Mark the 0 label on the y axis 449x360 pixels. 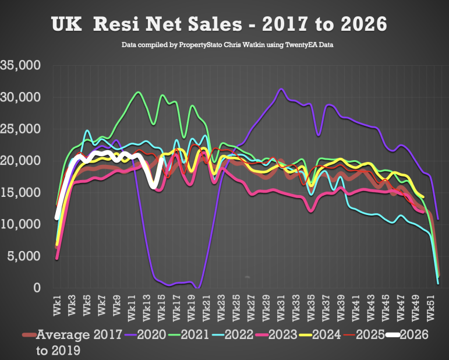click(37, 288)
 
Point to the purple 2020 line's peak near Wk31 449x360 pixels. click(281, 89)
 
